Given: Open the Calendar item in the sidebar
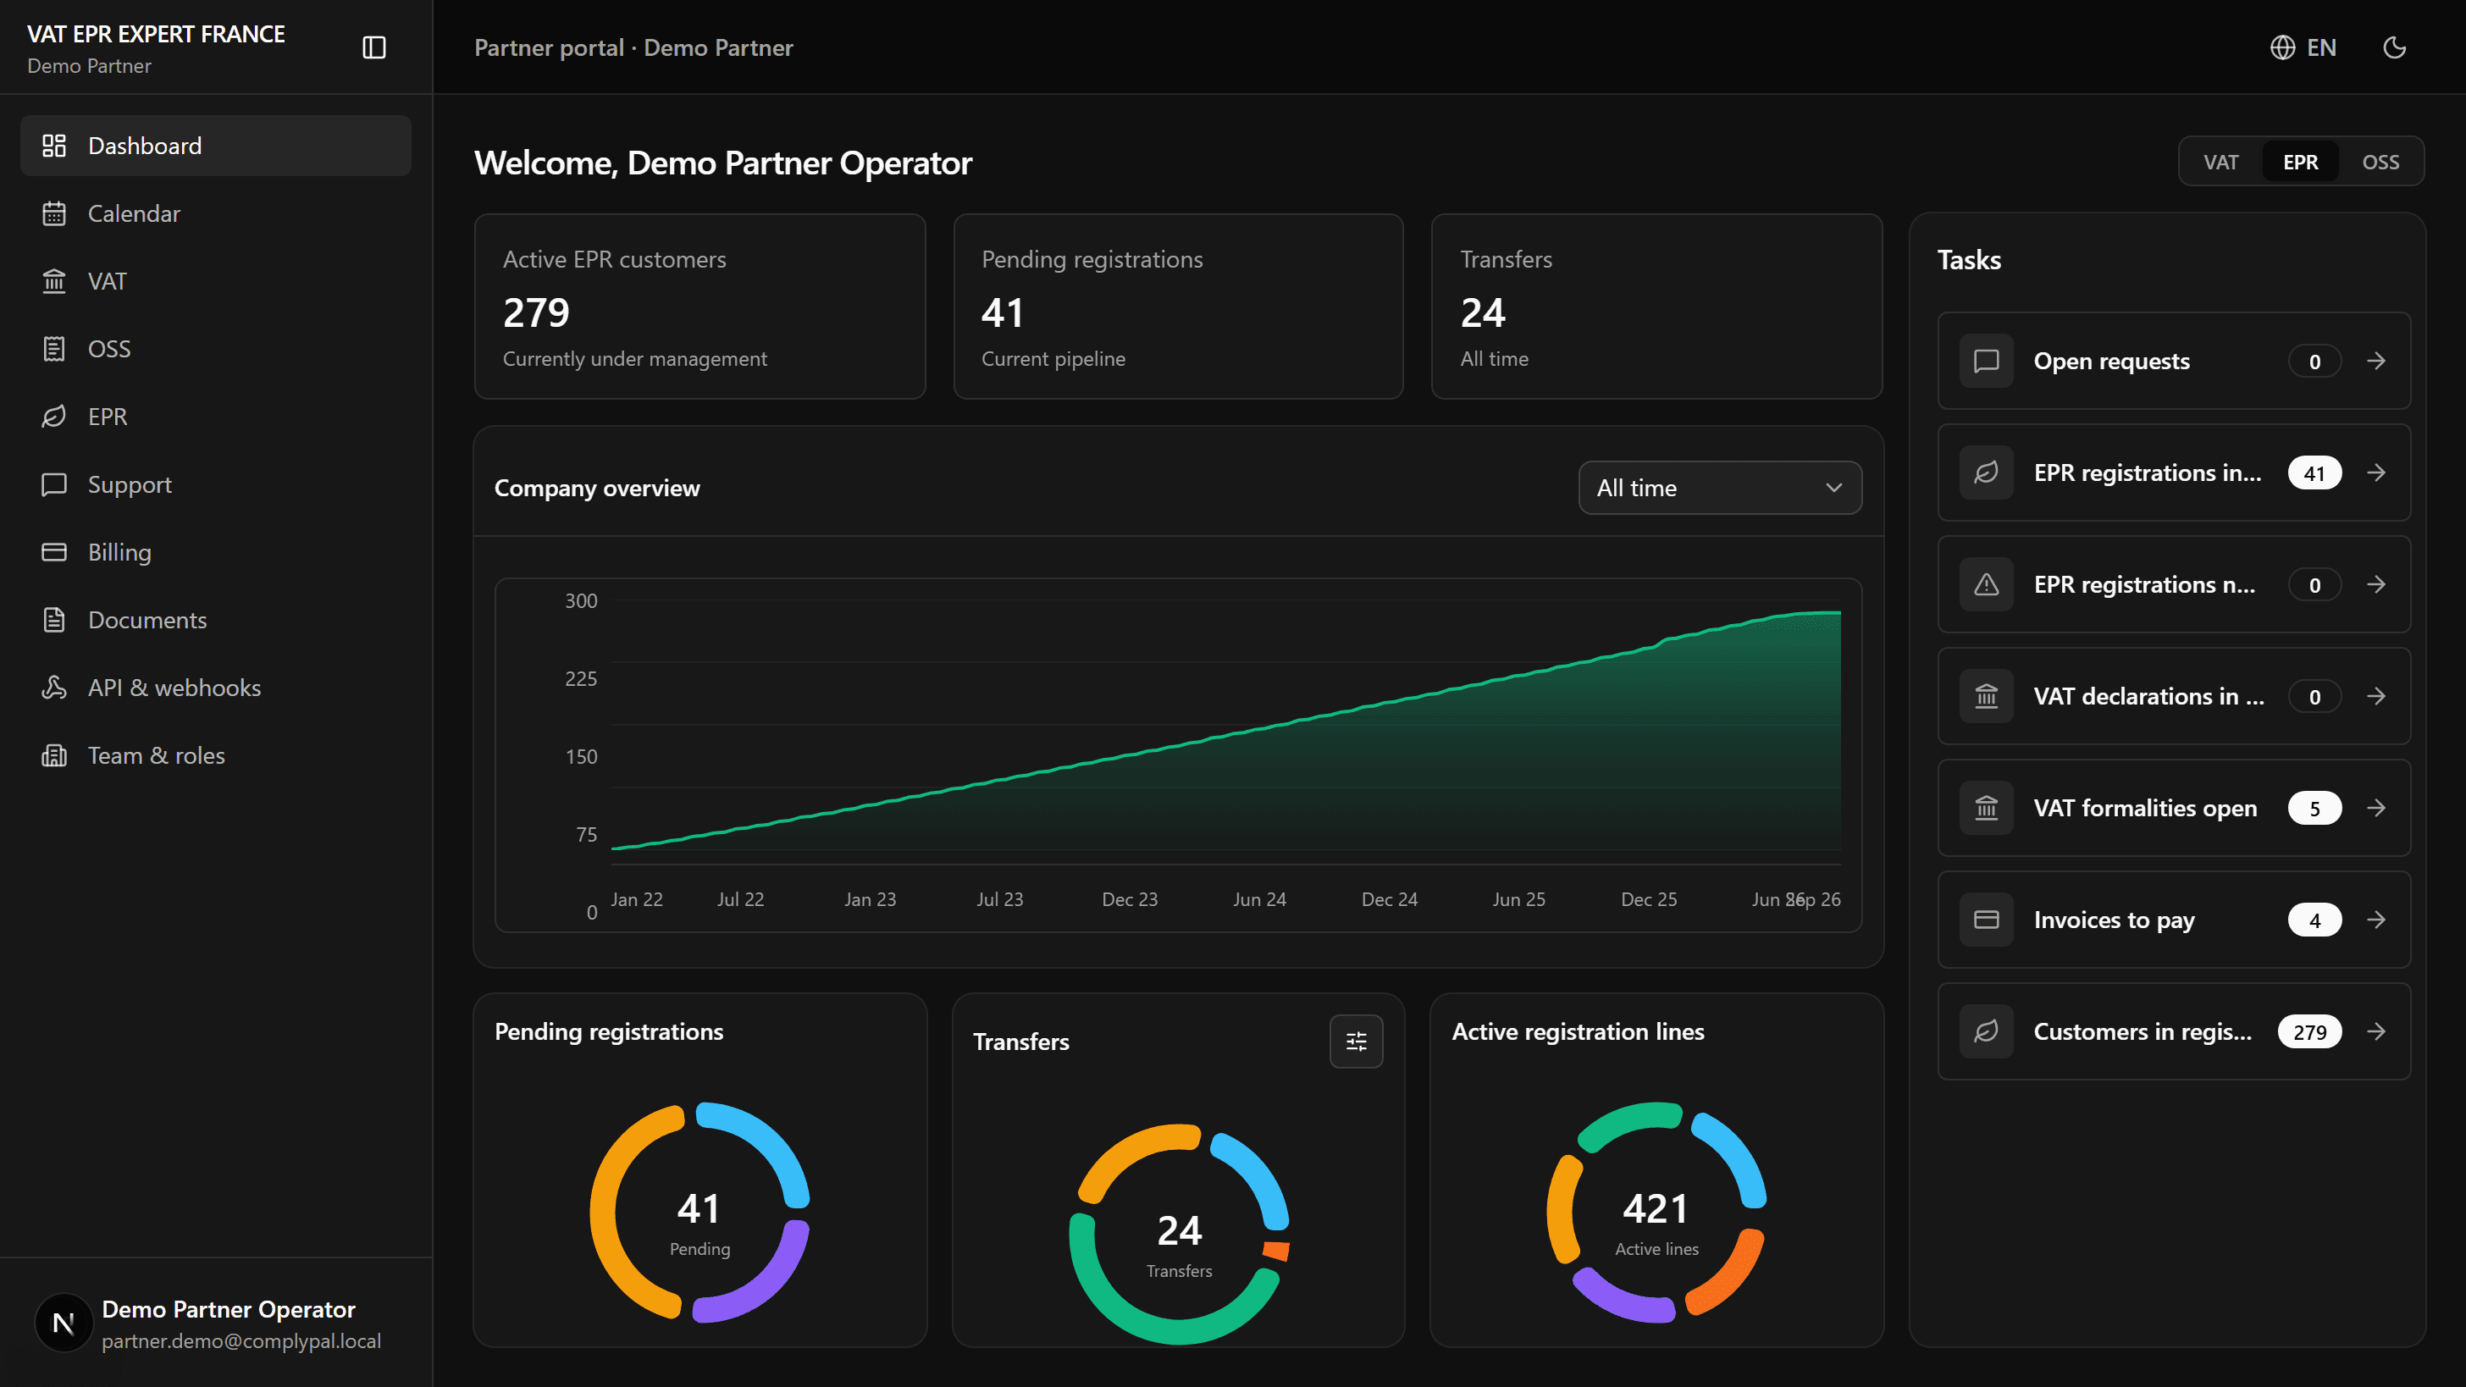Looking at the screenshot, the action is coord(134,213).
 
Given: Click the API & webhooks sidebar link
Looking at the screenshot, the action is coord(174,688).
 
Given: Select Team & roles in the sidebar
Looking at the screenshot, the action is coord(156,755).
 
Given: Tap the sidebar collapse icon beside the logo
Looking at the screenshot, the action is coord(374,48).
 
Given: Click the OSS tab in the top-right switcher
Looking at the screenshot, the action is coord(2380,162).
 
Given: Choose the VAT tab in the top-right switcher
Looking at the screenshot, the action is coord(2221,162).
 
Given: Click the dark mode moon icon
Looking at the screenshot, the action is coord(2394,48).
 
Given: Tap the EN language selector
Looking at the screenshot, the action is coord(2303,48).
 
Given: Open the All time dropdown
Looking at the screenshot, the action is coord(1719,489).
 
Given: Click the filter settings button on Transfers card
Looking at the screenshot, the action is coord(1356,1042).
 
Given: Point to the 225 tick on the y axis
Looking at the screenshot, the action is coord(580,678).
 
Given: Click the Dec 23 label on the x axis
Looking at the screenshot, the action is coord(1130,900).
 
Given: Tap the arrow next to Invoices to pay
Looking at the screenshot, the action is coord(2376,920).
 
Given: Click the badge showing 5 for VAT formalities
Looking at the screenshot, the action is coord(2314,808).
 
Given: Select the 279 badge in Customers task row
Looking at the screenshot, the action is coord(2309,1032).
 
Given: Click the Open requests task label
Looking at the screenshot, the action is coord(2111,361).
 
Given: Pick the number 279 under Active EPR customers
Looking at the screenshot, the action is coord(536,313).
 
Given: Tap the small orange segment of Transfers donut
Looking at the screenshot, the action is coord(1276,1250).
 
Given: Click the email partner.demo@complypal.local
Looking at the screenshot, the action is coord(241,1341).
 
